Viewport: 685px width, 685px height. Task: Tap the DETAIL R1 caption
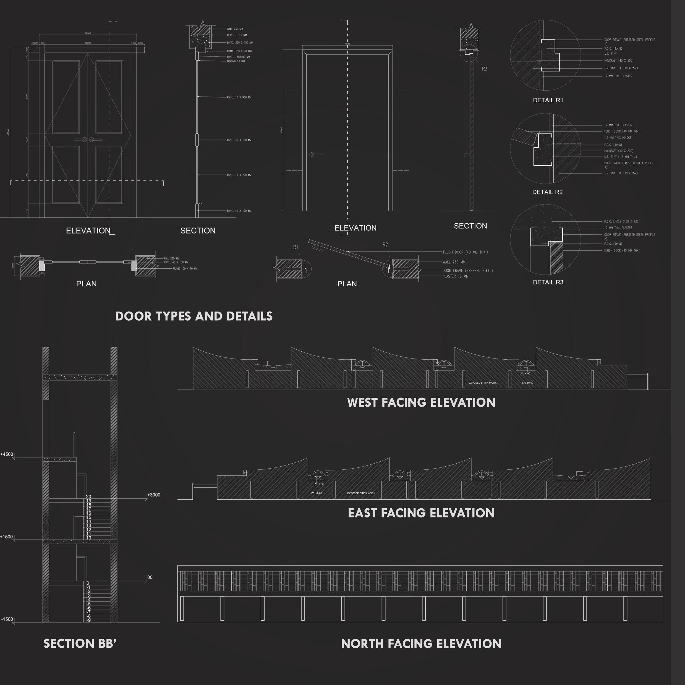tap(548, 100)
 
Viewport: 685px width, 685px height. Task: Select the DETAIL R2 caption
tap(547, 192)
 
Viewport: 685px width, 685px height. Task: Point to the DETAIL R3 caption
tap(548, 282)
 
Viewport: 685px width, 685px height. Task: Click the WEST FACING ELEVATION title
tap(421, 402)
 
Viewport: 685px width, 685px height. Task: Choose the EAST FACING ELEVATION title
tap(421, 513)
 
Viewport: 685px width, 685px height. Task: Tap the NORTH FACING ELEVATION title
tap(421, 644)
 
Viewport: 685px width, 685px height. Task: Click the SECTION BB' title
tap(80, 644)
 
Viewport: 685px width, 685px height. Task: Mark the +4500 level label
tap(7, 454)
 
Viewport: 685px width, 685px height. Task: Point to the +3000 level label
tap(153, 495)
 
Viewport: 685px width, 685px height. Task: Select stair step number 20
tap(89, 497)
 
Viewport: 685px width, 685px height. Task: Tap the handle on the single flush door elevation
tap(315, 155)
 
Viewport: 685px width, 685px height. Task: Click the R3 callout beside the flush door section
tap(484, 69)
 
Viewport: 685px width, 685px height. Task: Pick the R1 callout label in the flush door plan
tap(296, 247)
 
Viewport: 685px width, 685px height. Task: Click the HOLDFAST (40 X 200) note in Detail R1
tap(619, 61)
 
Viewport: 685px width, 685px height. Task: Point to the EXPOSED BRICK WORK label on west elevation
tap(482, 383)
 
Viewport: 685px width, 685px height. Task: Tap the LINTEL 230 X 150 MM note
tap(240, 43)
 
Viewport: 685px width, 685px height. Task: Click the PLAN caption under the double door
tap(86, 284)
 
